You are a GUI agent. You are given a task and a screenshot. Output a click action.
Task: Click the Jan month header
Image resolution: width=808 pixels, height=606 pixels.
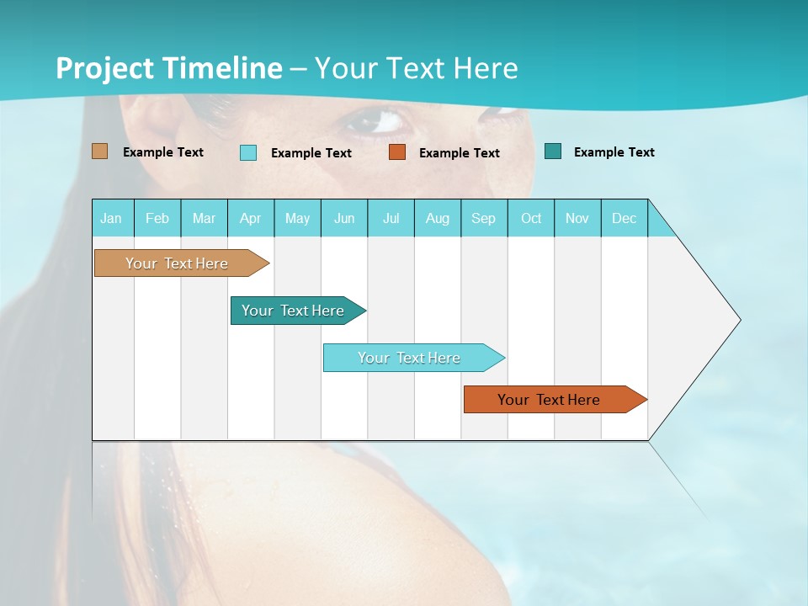(111, 218)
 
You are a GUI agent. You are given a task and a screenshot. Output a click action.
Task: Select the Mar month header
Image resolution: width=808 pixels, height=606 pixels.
(204, 218)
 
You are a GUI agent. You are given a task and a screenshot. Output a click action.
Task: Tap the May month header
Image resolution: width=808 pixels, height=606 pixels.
(297, 218)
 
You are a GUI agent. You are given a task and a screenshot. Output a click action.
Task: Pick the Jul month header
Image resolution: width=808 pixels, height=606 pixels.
(391, 218)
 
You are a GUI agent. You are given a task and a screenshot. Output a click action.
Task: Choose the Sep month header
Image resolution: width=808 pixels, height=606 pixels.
(483, 218)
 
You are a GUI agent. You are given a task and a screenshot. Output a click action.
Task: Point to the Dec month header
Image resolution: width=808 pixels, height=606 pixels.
(624, 218)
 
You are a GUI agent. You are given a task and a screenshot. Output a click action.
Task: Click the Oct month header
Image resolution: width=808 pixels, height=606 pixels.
(531, 218)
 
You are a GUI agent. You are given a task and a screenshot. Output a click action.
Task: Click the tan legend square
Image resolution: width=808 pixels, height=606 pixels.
(99, 151)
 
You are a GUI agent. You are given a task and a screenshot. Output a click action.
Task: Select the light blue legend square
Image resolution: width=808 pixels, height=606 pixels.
(248, 152)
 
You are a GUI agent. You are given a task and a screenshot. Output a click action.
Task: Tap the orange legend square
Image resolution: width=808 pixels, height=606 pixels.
(397, 152)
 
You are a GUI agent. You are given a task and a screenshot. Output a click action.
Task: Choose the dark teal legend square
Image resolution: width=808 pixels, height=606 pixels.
(553, 151)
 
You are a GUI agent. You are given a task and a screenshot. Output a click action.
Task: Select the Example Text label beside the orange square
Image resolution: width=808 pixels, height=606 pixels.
(459, 153)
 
